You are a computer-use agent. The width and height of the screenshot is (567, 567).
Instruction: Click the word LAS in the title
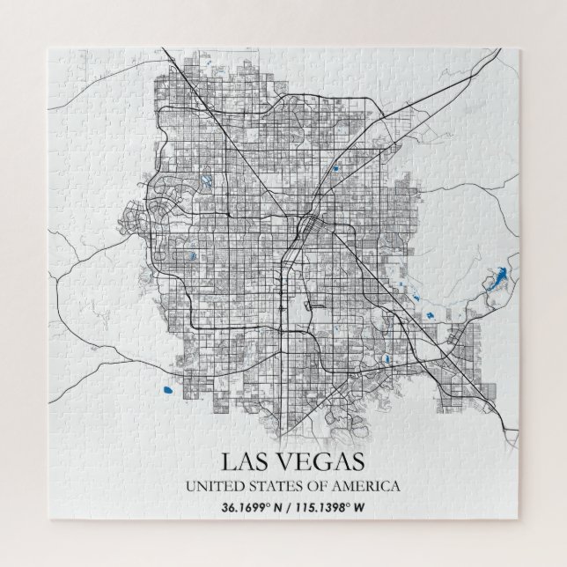tap(244, 460)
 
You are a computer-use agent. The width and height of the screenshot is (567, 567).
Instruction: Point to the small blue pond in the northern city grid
tap(334, 167)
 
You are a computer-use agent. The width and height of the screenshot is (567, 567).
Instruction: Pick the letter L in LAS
tap(226, 460)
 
